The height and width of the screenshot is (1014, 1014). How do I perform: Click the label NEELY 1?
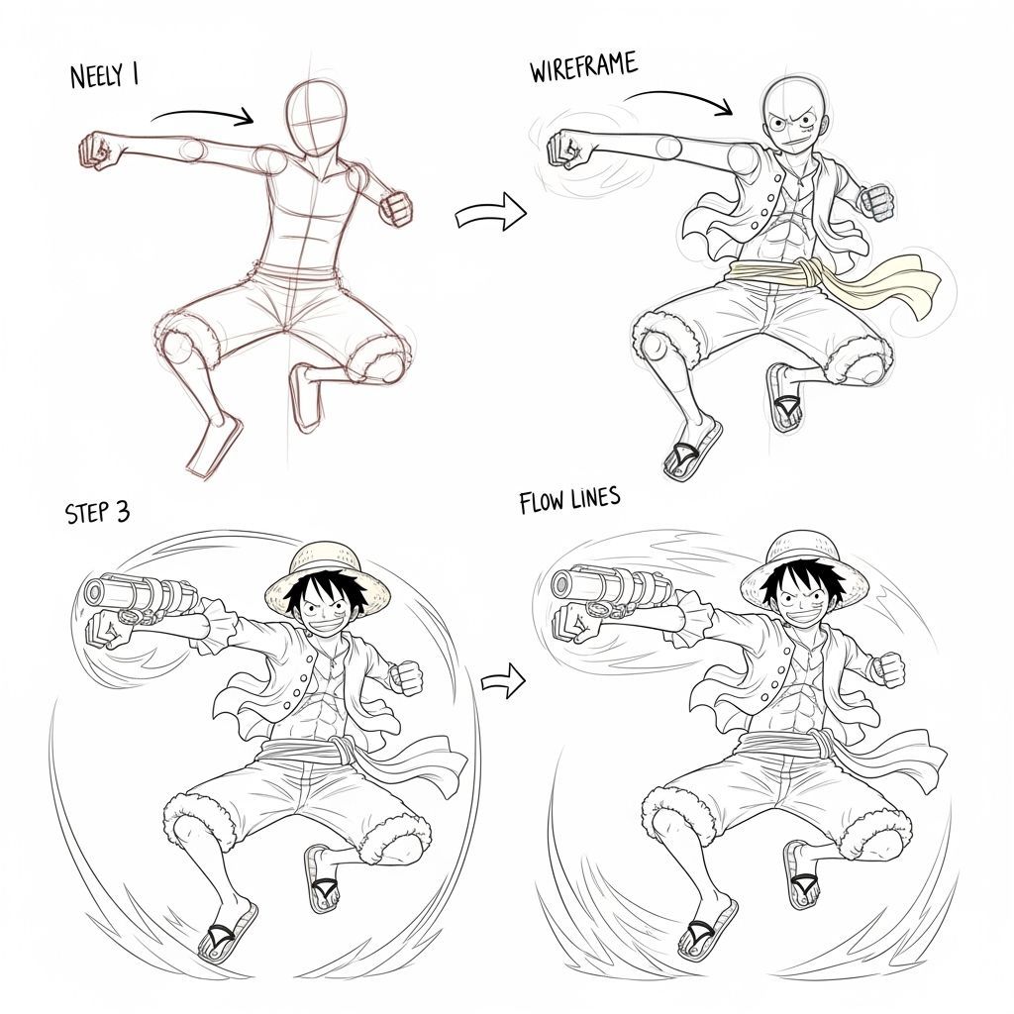tap(104, 76)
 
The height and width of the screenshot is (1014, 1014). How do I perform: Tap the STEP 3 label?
tap(97, 512)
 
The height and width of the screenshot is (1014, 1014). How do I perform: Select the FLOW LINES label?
tap(569, 501)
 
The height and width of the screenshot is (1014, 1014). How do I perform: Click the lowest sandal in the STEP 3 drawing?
tap(226, 933)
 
